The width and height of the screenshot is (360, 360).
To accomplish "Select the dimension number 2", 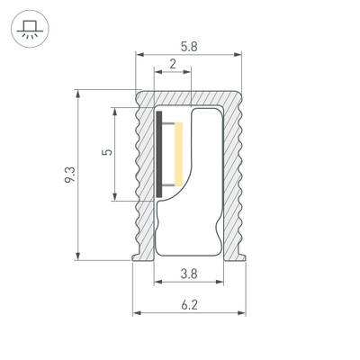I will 173,65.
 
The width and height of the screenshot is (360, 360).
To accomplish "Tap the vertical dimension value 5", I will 107,153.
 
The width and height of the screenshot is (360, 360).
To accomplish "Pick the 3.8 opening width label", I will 189,274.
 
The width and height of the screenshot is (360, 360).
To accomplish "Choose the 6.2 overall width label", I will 189,305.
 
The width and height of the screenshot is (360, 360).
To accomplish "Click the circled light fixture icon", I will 29,29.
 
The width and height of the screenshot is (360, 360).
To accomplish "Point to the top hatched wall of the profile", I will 189,98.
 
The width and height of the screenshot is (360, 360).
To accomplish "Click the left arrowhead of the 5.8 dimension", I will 139,56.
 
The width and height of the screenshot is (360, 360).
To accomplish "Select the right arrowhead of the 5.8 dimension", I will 240,56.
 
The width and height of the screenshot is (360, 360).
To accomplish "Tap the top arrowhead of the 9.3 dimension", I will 82,93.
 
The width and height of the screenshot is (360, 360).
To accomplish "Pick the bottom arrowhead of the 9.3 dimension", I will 82,256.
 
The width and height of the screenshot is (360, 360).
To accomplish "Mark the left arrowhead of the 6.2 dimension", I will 137,314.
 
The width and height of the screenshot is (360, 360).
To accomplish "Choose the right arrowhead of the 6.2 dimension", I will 243,314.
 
